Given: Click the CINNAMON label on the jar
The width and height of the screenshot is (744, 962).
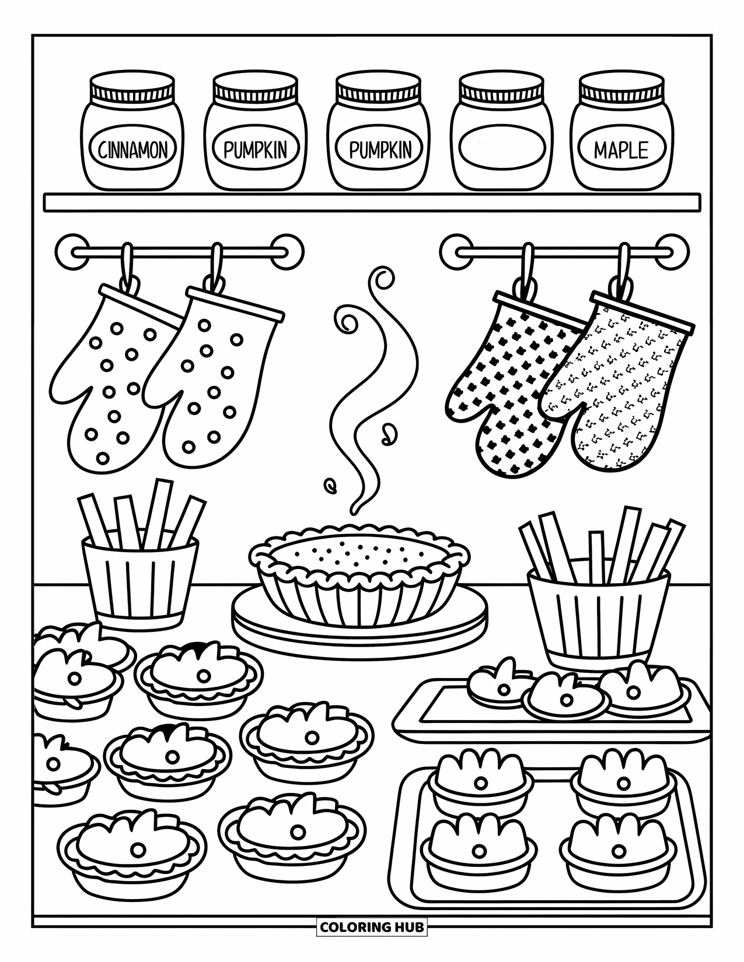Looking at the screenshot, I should tap(132, 150).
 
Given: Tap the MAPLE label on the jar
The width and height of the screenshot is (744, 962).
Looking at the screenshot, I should tap(621, 150).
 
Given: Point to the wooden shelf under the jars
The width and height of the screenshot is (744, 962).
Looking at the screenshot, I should tap(371, 203).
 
